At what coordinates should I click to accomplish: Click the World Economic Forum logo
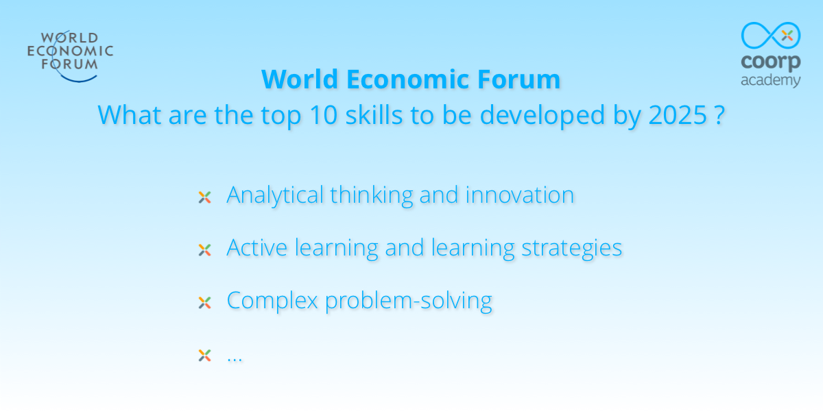click(70, 55)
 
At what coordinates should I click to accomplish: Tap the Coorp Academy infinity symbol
click(771, 35)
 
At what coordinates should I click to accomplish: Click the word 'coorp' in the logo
click(771, 62)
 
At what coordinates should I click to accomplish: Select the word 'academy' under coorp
click(771, 81)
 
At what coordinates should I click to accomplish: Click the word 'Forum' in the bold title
click(518, 79)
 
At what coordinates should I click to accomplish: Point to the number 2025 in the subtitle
click(678, 115)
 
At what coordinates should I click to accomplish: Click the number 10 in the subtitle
click(323, 115)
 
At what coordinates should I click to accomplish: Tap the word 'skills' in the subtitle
click(374, 114)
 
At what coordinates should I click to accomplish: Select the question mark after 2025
click(720, 115)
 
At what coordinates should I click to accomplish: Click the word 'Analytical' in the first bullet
click(275, 195)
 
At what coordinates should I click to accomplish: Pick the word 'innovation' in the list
click(520, 195)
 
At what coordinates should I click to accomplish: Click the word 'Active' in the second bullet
click(257, 247)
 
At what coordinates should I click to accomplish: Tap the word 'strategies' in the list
click(572, 249)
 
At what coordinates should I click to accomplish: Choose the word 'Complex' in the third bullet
click(272, 301)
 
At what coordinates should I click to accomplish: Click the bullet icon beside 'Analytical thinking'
click(204, 197)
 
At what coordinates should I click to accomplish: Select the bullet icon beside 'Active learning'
click(204, 250)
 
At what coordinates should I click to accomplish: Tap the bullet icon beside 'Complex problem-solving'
click(204, 303)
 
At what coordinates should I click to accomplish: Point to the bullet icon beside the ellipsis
click(204, 356)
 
